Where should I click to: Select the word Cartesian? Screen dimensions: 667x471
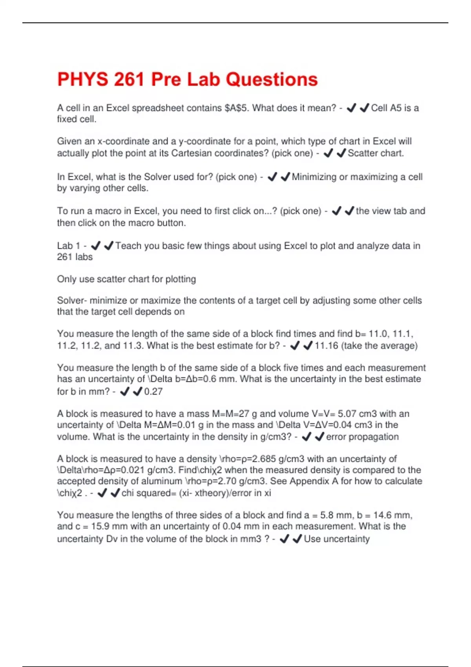coord(200,153)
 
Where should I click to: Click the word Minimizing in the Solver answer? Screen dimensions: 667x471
coord(314,177)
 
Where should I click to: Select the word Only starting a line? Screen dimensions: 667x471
coord(67,279)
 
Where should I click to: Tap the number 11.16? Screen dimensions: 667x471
coord(326,346)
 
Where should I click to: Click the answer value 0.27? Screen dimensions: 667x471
coord(153,392)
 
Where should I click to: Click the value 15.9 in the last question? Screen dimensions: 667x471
coord(99,527)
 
